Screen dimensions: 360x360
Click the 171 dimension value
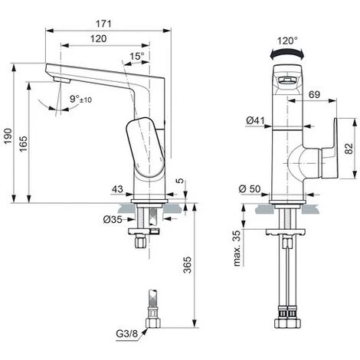pyautogui.click(x=103, y=24)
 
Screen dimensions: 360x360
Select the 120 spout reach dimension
pyautogui.click(x=99, y=39)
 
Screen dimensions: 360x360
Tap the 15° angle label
pyautogui.click(x=137, y=56)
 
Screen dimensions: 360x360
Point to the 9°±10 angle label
pyautogui.click(x=80, y=99)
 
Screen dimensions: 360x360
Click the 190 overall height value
pyautogui.click(x=8, y=136)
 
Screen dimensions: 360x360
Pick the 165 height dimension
pyautogui.click(x=23, y=144)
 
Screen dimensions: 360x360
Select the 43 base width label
pyautogui.click(x=118, y=189)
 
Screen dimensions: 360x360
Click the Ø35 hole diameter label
pyautogui.click(x=113, y=219)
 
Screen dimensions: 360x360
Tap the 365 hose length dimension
pyautogui.click(x=188, y=265)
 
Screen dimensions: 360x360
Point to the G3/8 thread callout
pyautogui.click(x=127, y=334)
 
